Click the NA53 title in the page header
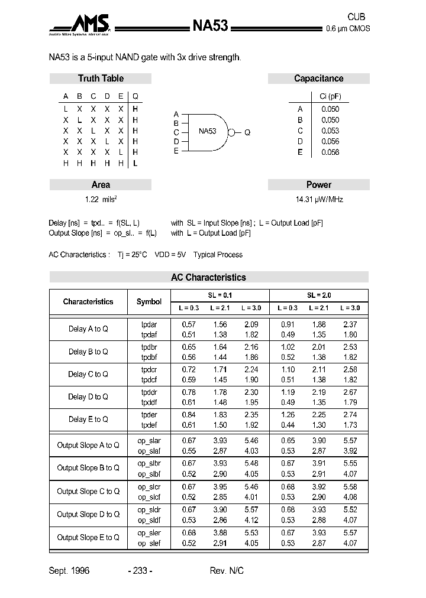tap(210, 25)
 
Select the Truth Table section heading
tap(101, 79)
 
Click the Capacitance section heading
tap(318, 79)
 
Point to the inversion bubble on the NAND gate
tap(233, 132)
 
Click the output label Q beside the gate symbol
tap(247, 133)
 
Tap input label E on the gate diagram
tap(176, 151)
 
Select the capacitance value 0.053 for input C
tap(330, 131)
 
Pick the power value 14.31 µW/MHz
tap(319, 200)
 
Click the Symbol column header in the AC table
tap(149, 302)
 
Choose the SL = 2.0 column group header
tap(319, 295)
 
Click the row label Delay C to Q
tap(88, 374)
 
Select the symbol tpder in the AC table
tap(149, 415)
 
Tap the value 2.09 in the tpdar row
tap(251, 324)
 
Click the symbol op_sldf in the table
tap(149, 519)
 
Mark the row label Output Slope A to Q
tap(88, 445)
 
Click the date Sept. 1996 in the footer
tap(69, 571)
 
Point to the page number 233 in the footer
tap(140, 571)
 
